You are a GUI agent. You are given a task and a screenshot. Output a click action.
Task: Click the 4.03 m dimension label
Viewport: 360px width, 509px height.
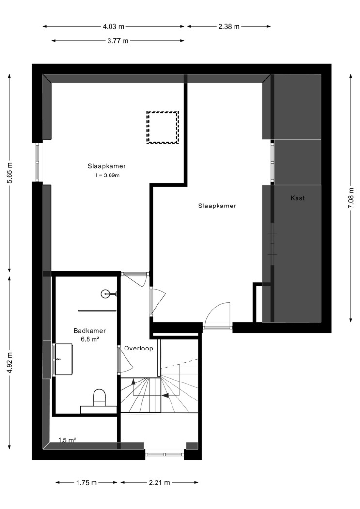(113, 27)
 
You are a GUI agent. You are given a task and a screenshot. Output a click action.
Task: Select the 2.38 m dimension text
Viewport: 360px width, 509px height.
(229, 27)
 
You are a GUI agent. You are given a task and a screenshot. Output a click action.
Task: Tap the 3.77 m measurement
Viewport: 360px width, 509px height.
(118, 41)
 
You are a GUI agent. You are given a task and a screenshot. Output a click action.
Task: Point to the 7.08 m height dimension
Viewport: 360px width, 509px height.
(351, 198)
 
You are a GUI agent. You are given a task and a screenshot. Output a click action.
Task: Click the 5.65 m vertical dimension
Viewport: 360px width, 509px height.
(10, 173)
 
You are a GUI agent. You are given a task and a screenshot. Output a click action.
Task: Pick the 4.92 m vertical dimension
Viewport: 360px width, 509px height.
(10, 363)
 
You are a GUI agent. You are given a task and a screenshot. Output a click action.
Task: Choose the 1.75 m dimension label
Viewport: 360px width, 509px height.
(87, 483)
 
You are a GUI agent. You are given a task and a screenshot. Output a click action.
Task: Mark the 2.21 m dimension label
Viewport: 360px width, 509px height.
(159, 483)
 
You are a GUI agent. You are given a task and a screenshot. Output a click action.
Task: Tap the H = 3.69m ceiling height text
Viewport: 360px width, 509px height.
(107, 175)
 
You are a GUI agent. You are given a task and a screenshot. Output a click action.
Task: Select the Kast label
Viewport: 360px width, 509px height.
(297, 198)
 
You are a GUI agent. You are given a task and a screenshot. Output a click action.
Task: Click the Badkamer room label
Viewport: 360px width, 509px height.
(90, 331)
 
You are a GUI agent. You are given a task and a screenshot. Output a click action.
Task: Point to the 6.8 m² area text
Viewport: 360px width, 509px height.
(90, 339)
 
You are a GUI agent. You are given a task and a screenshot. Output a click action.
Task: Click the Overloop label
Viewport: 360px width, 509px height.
(139, 349)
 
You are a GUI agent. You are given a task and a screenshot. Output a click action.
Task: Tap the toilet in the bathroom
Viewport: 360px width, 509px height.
(99, 398)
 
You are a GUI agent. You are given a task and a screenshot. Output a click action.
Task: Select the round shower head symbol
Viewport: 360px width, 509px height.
(106, 294)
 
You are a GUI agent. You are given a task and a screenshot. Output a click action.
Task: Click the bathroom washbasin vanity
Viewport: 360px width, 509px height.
(64, 359)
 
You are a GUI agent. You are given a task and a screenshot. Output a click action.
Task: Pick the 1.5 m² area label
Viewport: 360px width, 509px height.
(67, 440)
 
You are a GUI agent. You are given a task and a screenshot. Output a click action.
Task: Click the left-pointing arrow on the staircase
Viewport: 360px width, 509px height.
(165, 396)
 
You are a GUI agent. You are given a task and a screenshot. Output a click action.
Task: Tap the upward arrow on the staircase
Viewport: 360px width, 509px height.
(133, 382)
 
